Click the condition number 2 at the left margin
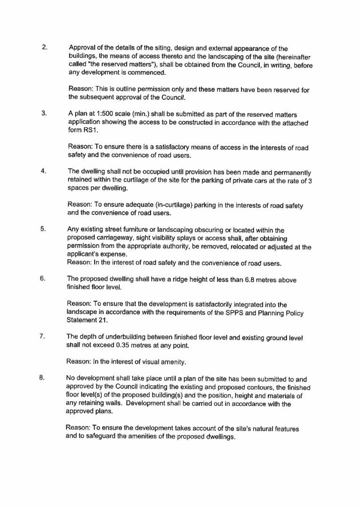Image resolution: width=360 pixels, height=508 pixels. (x=45, y=48)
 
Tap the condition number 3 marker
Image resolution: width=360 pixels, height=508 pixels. (x=44, y=113)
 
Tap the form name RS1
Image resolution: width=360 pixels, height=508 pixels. (x=77, y=131)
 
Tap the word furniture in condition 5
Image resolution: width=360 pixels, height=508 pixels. (x=137, y=230)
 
